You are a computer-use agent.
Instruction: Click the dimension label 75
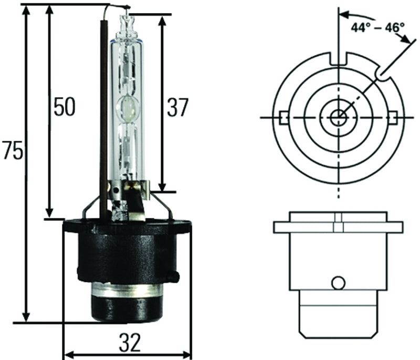[x=12, y=151]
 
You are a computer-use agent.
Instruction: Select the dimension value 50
[x=64, y=107]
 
